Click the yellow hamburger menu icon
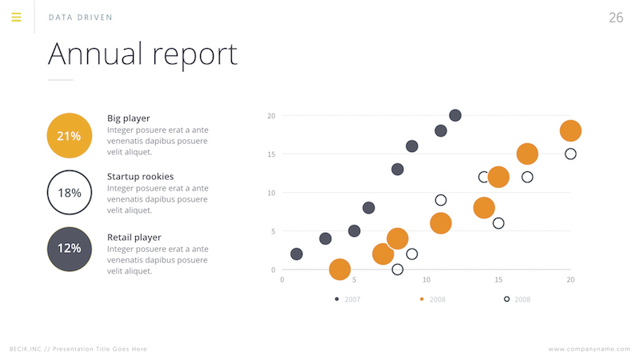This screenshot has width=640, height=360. [16, 17]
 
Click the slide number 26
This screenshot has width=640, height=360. [615, 18]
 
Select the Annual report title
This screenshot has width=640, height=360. [142, 54]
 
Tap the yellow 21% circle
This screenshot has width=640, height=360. [70, 135]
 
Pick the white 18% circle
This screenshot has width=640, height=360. [70, 193]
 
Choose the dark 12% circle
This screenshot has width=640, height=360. [70, 249]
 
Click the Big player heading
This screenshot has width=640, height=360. [128, 118]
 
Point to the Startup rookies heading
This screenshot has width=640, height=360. [140, 176]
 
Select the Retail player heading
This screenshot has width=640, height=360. [134, 238]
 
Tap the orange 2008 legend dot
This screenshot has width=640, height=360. [422, 299]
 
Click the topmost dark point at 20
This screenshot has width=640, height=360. [455, 116]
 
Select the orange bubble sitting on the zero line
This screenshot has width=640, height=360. [339, 270]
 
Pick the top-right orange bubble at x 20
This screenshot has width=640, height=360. [570, 130]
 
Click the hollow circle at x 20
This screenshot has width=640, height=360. [570, 154]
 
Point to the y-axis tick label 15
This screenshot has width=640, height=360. [270, 154]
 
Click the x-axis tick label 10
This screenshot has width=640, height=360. [426, 280]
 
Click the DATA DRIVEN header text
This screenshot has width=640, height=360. [80, 18]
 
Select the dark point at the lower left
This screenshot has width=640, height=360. [297, 254]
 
